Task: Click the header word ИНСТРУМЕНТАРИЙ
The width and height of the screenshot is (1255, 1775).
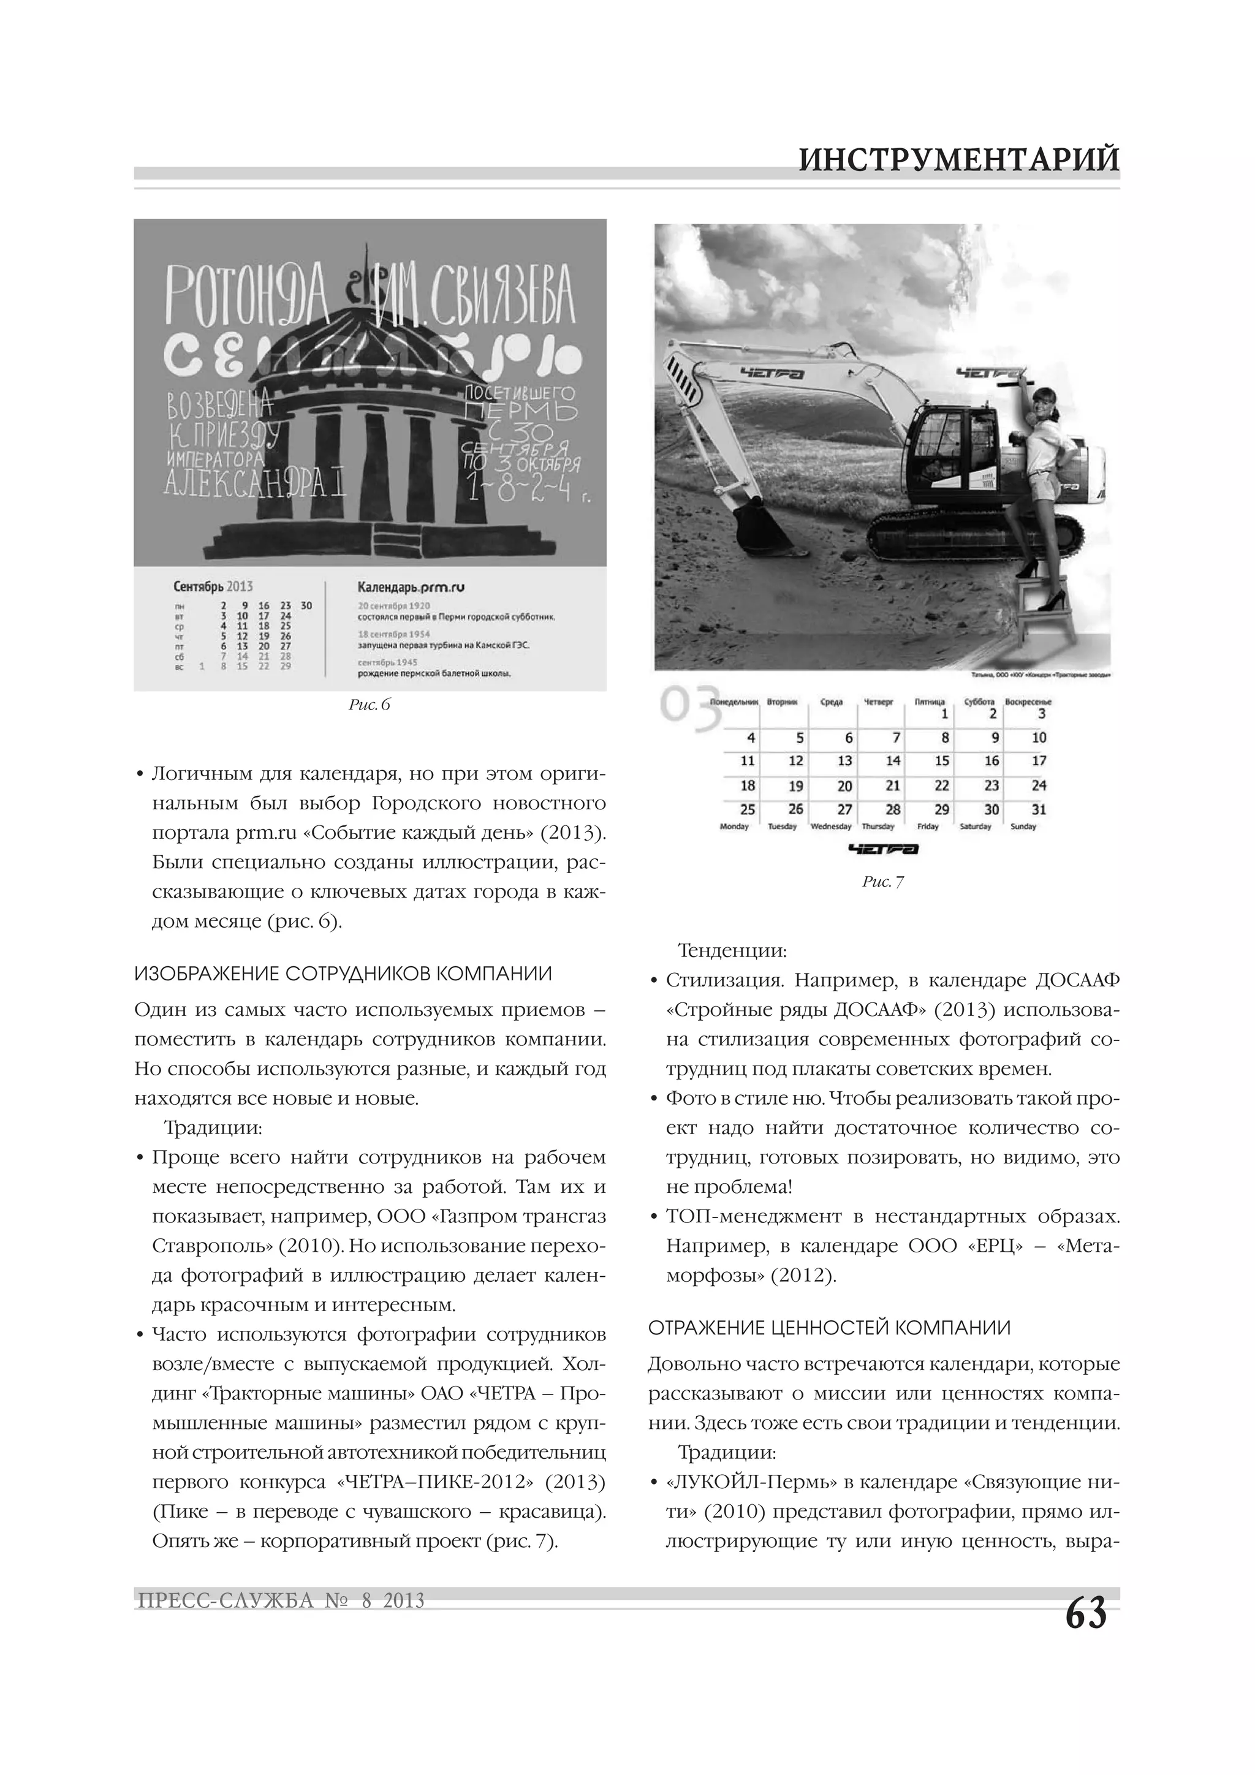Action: point(959,160)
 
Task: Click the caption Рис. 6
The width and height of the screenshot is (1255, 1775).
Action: point(370,704)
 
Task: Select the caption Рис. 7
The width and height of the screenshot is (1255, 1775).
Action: point(882,881)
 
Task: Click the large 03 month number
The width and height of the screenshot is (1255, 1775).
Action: point(691,708)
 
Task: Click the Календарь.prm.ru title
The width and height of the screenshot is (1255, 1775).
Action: point(411,587)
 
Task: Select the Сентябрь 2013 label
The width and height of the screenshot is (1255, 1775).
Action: point(213,587)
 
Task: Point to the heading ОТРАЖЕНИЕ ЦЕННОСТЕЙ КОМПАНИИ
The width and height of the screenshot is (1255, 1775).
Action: point(829,1328)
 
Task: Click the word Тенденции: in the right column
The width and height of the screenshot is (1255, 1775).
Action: point(732,950)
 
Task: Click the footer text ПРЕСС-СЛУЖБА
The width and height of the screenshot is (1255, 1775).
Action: point(225,1600)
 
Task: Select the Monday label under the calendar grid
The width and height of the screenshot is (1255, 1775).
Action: point(734,827)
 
